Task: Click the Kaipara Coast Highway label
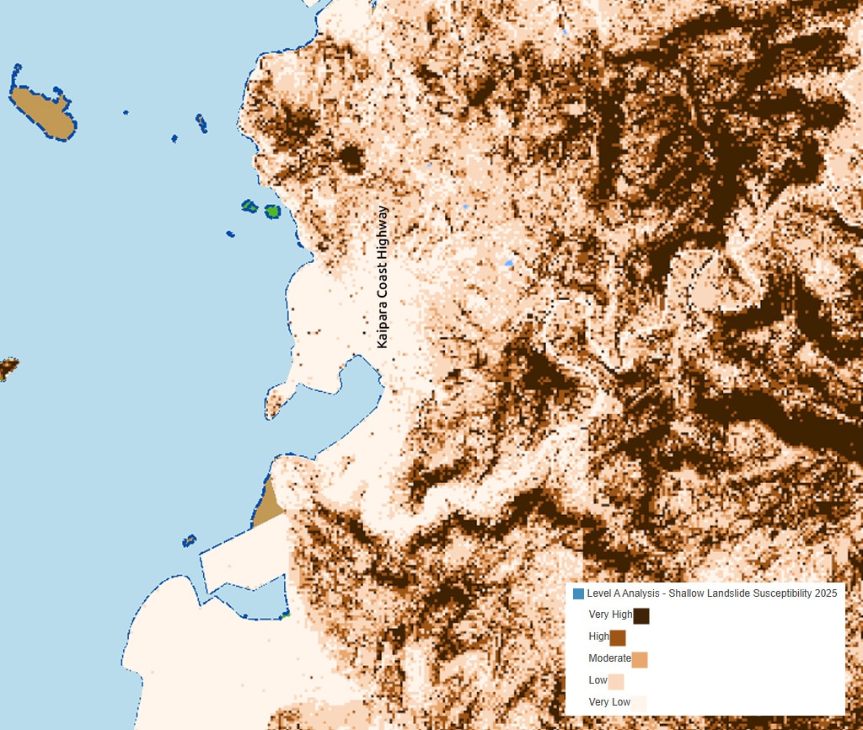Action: pyautogui.click(x=383, y=277)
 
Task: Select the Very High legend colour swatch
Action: pyautogui.click(x=641, y=616)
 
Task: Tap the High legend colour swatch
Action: pyautogui.click(x=618, y=638)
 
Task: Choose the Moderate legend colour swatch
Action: pyautogui.click(x=640, y=659)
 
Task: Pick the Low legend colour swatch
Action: pyautogui.click(x=616, y=681)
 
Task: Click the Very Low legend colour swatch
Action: pyautogui.click(x=639, y=703)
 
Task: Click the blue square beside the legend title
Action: pyautogui.click(x=578, y=594)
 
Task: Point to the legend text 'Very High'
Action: pyautogui.click(x=610, y=615)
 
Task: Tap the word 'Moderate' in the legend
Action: pyautogui.click(x=609, y=658)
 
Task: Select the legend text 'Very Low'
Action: pyautogui.click(x=609, y=702)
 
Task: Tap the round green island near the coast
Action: pyautogui.click(x=272, y=212)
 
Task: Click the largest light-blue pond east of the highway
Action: pyautogui.click(x=508, y=263)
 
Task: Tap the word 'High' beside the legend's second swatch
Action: pyautogui.click(x=598, y=637)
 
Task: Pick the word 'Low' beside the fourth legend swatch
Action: pyautogui.click(x=598, y=680)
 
